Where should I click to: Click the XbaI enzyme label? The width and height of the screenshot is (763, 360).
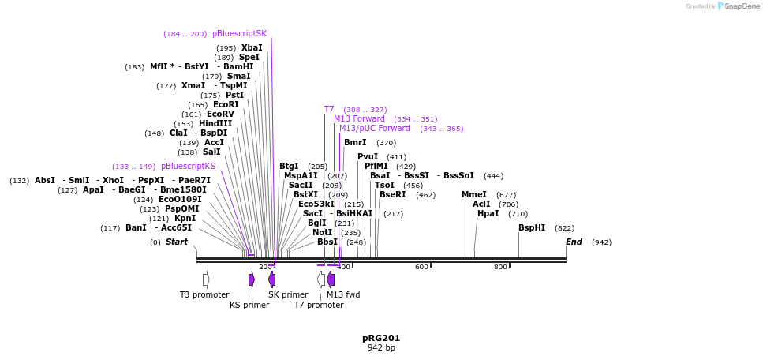tap(251, 48)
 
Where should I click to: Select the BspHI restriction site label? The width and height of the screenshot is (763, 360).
tap(531, 228)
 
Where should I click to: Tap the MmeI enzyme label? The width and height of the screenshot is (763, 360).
tap(473, 195)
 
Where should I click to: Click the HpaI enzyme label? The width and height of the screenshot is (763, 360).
tap(488, 214)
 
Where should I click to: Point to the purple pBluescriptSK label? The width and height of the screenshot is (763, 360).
tap(239, 34)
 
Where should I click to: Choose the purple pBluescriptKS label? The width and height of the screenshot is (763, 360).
tap(188, 167)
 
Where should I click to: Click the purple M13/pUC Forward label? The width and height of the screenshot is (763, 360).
tap(374, 129)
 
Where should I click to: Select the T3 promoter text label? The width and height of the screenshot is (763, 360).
tap(204, 295)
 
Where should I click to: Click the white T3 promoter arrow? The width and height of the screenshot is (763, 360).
tap(206, 279)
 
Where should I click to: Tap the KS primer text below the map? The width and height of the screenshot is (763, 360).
tap(249, 306)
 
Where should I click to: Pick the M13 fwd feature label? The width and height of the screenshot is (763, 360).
tap(343, 295)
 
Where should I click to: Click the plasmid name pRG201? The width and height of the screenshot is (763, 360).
tap(381, 338)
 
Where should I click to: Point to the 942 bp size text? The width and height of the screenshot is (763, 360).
tap(381, 348)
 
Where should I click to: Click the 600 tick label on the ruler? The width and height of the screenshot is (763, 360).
tap(421, 268)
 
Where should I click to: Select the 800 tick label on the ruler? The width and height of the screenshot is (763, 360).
tap(500, 268)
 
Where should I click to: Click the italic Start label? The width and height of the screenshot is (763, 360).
tap(176, 242)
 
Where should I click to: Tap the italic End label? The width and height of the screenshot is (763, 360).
tap(574, 242)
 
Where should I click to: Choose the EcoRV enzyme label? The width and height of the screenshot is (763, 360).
tap(220, 114)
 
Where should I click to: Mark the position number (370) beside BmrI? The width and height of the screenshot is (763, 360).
tap(386, 143)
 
